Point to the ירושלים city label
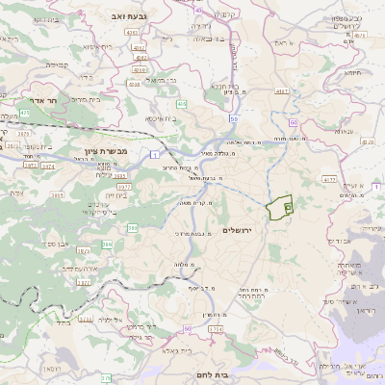click(x=243, y=230)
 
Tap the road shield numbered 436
click(x=181, y=103)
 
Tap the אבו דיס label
click(x=341, y=241)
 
